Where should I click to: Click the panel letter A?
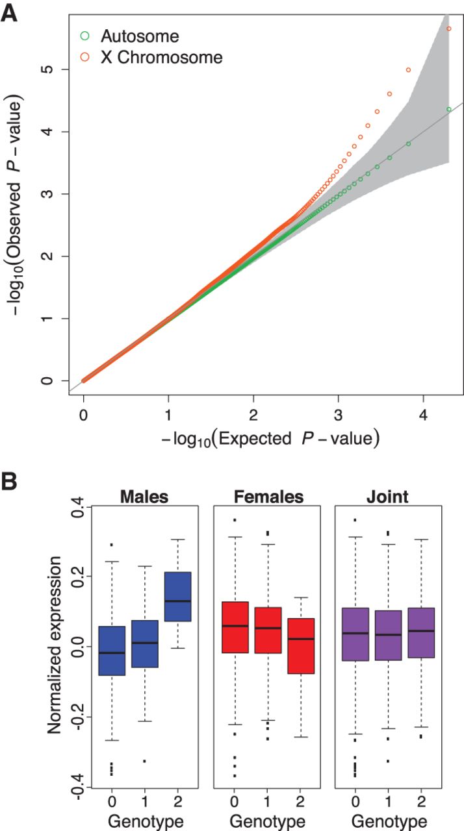[x=10, y=13]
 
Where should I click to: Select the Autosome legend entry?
[x=139, y=36]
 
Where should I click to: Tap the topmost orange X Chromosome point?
[x=448, y=29]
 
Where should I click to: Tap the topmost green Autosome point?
[x=448, y=110]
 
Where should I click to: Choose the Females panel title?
[x=268, y=497]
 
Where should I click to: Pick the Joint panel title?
[x=387, y=497]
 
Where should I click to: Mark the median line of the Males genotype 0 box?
[x=112, y=652]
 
